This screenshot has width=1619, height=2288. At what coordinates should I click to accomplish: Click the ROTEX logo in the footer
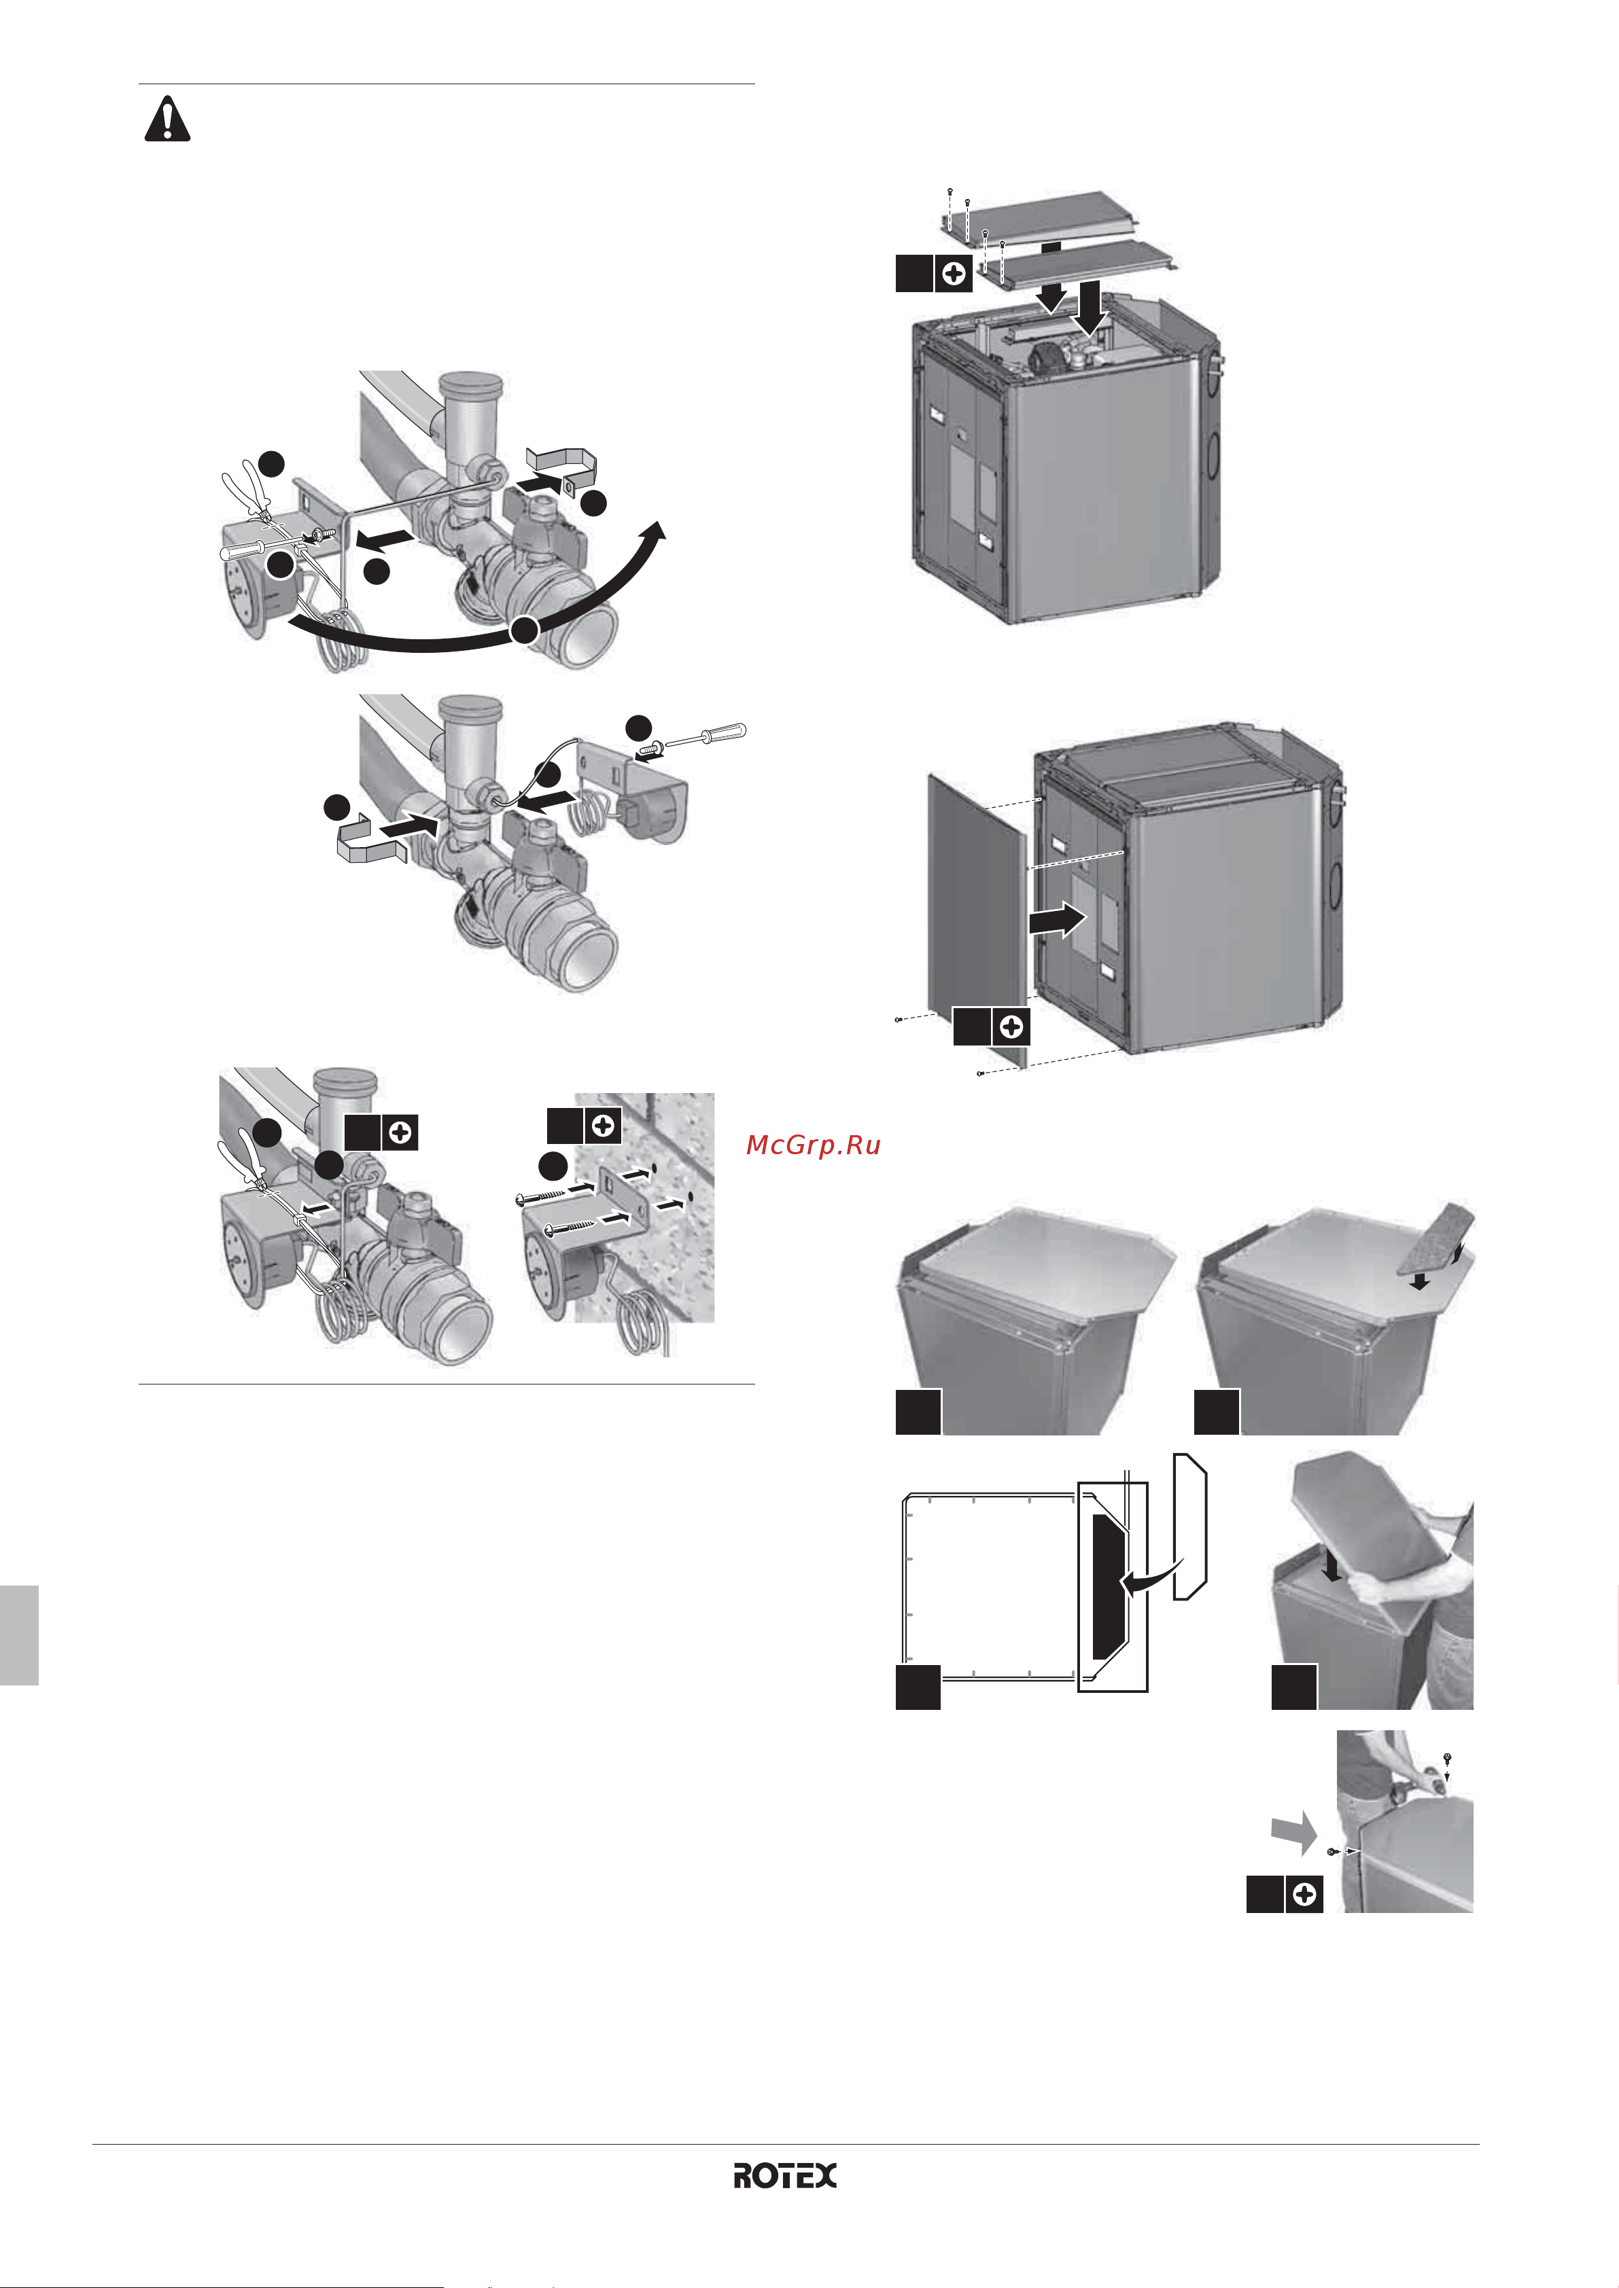(786, 2175)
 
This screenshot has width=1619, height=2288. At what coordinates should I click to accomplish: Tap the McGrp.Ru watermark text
(814, 1145)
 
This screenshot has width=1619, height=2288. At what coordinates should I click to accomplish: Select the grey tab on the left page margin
(19, 1635)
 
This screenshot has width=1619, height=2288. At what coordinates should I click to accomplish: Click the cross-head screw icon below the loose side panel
(1011, 1026)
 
